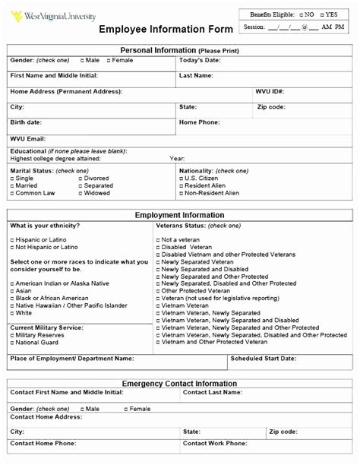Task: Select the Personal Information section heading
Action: click(x=179, y=50)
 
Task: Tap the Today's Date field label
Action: click(x=200, y=60)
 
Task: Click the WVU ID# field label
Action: click(x=270, y=91)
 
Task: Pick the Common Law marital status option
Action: click(x=12, y=193)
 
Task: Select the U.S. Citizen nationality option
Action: click(x=182, y=178)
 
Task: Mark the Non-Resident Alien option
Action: click(x=182, y=193)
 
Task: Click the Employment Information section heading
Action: click(x=179, y=215)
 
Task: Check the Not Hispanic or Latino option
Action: click(x=12, y=247)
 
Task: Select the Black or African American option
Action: click(x=12, y=298)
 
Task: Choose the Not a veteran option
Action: click(x=157, y=239)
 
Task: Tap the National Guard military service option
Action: click(x=12, y=342)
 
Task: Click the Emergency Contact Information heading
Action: click(x=179, y=384)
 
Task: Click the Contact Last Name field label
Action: click(x=213, y=393)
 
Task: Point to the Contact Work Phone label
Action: click(x=215, y=442)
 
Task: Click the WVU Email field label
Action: click(x=27, y=138)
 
